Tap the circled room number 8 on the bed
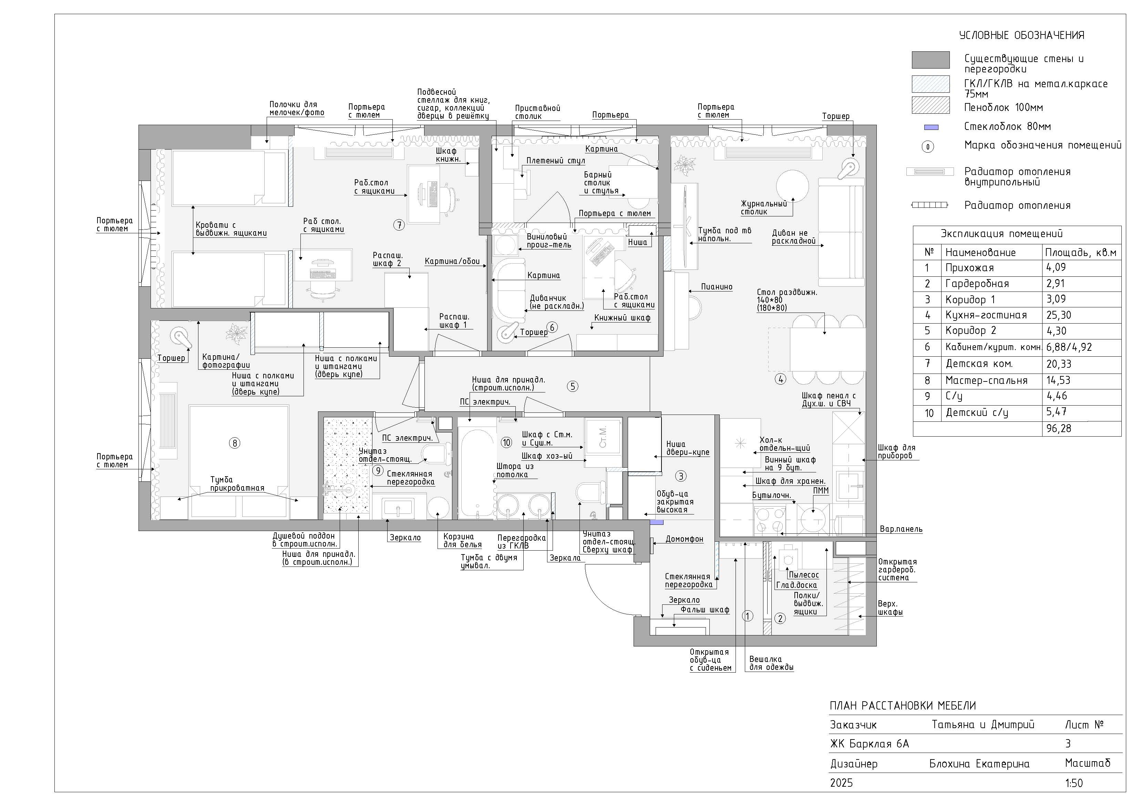[235, 443]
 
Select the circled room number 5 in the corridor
[573, 386]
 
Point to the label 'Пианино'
[717, 287]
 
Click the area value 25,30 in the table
[1059, 315]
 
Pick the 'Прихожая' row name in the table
[969, 268]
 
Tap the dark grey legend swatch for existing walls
[931, 60]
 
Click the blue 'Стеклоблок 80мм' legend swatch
[931, 127]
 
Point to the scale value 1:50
[1074, 783]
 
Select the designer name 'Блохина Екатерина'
[979, 764]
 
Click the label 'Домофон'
[684, 539]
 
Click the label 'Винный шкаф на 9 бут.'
[790, 464]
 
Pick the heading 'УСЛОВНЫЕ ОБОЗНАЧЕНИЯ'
[1022, 35]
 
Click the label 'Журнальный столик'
[764, 207]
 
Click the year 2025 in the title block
[842, 783]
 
